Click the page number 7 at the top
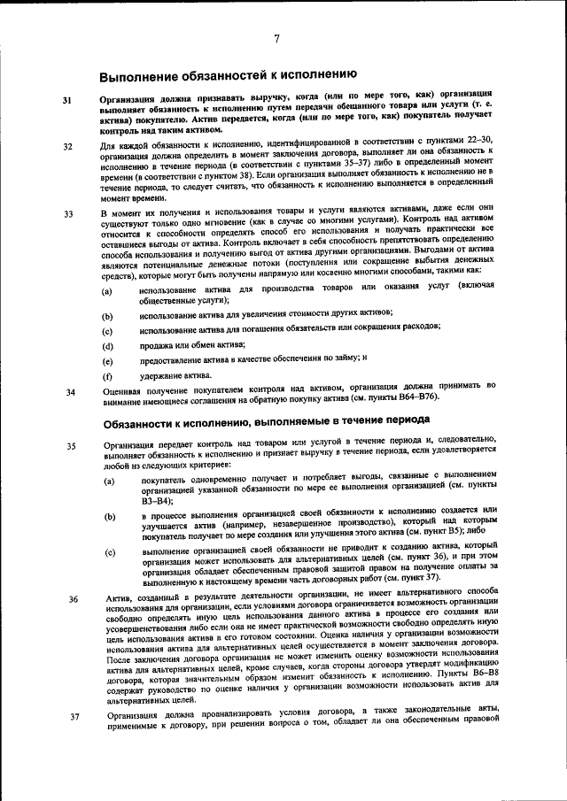pos(277,38)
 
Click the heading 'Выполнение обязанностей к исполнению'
pos(228,75)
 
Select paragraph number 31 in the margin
pos(67,101)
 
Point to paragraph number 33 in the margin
pos(67,215)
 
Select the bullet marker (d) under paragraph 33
pos(107,346)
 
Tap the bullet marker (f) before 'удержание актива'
pos(107,376)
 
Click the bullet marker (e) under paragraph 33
pos(107,361)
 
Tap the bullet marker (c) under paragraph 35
pos(110,553)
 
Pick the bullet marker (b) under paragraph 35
pos(110,516)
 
